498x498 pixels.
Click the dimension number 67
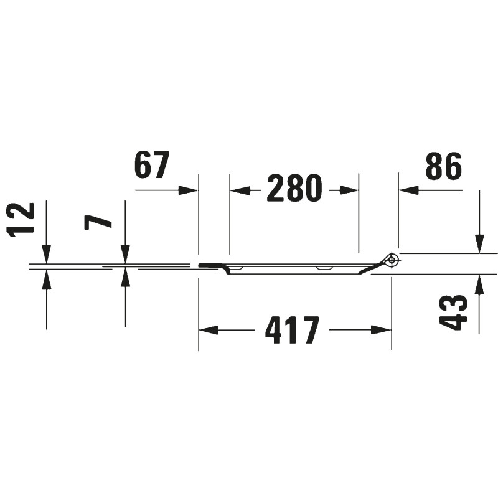[151, 165]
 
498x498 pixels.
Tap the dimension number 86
[443, 165]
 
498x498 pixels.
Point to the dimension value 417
[291, 330]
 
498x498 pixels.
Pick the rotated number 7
[98, 221]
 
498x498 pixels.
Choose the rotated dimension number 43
[454, 314]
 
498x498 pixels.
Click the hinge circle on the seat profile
[393, 260]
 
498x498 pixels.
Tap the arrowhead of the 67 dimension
[188, 190]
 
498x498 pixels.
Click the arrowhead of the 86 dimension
[408, 190]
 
